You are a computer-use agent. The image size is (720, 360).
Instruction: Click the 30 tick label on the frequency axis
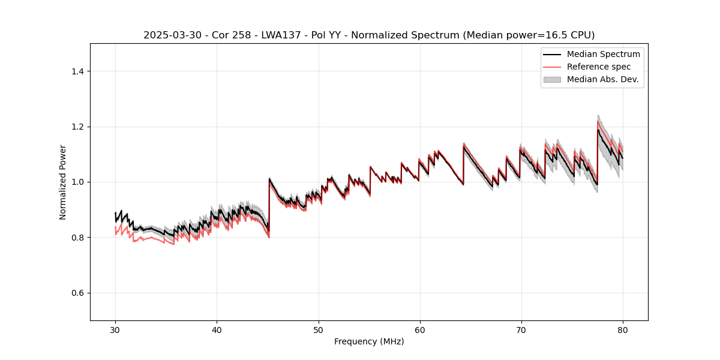pyautogui.click(x=115, y=329)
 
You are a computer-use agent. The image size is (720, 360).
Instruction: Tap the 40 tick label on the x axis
pyautogui.click(x=217, y=329)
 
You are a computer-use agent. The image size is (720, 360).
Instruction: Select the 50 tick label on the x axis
pyautogui.click(x=318, y=329)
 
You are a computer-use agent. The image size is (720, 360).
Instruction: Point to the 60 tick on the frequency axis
pyautogui.click(x=420, y=329)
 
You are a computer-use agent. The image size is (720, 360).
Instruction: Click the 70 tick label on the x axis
pyautogui.click(x=521, y=329)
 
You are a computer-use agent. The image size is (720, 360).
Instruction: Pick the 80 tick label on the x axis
pyautogui.click(x=623, y=329)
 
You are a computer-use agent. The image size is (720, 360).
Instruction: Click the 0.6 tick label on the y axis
pyautogui.click(x=77, y=293)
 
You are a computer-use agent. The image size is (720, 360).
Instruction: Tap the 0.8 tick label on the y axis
pyautogui.click(x=77, y=238)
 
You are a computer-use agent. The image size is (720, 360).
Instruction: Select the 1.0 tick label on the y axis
pyautogui.click(x=77, y=182)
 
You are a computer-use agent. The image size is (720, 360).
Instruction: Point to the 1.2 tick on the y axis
pyautogui.click(x=77, y=127)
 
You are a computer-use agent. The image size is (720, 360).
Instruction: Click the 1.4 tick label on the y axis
pyautogui.click(x=77, y=71)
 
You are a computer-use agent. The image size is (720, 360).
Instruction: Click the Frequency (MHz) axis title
pyautogui.click(x=369, y=341)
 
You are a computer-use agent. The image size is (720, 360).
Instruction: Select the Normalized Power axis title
pyautogui.click(x=63, y=182)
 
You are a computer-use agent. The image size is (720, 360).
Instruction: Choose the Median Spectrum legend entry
pyautogui.click(x=603, y=54)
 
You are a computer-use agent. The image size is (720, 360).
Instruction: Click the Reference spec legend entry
pyautogui.click(x=598, y=67)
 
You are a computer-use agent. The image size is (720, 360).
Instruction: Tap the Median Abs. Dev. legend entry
pyautogui.click(x=602, y=79)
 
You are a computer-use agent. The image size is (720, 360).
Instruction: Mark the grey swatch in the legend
pyautogui.click(x=552, y=79)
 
